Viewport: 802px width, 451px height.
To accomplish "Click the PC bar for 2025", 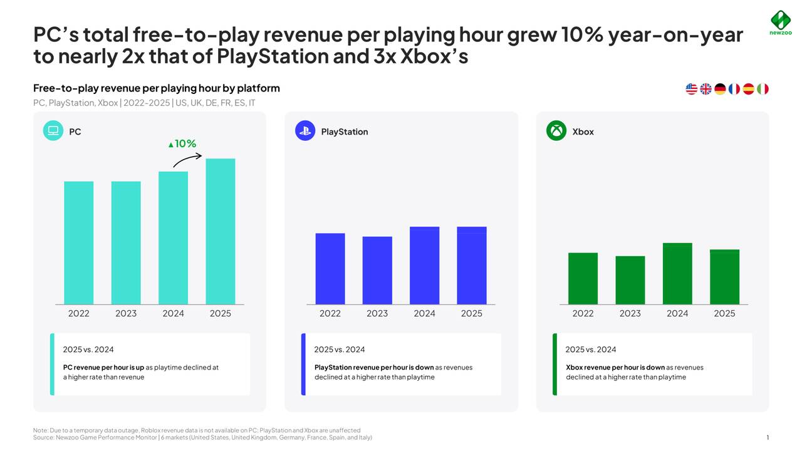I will point(221,231).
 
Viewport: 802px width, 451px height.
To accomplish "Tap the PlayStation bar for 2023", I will point(377,271).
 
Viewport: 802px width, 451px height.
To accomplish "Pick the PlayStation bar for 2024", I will point(424,266).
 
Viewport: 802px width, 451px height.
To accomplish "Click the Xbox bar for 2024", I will point(677,274).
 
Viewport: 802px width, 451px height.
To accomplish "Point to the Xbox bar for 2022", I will point(583,279).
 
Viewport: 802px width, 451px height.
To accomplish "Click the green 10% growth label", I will point(182,144).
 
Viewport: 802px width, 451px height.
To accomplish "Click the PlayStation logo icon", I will point(305,131).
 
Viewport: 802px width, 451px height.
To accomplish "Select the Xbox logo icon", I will point(556,131).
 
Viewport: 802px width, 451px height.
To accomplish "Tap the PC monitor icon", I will point(53,131).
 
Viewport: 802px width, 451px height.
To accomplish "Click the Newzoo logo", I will point(780,23).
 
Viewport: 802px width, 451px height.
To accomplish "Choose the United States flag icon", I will point(691,89).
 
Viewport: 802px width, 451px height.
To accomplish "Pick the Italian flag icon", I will point(763,89).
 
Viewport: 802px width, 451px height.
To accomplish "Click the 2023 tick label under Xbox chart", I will point(630,313).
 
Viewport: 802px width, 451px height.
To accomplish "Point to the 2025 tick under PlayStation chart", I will point(471,313).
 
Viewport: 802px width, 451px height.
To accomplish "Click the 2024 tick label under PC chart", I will point(173,313).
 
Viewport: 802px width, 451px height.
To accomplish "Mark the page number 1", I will point(767,438).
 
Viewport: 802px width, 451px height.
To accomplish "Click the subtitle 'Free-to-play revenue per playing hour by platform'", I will point(157,88).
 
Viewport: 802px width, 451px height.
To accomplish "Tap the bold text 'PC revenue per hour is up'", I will point(103,368).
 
